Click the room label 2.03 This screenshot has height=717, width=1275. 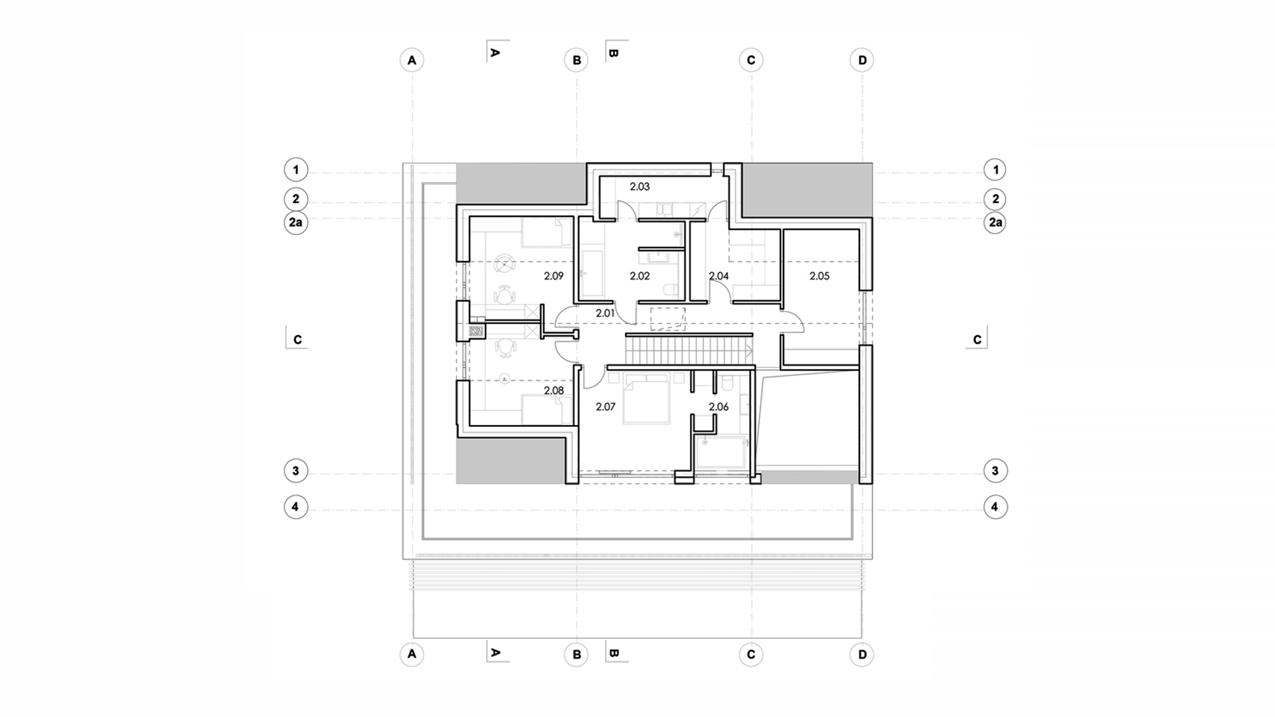(639, 187)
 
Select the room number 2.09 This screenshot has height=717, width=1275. (553, 276)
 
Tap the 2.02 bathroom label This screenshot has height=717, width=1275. (639, 276)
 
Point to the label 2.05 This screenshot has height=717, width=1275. (819, 276)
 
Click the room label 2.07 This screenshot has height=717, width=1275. (606, 407)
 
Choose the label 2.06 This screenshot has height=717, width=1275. (719, 407)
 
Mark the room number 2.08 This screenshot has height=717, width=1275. (553, 391)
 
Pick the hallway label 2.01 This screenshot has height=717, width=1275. (605, 313)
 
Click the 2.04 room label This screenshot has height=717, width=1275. (719, 276)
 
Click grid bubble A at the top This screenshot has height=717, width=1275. (412, 60)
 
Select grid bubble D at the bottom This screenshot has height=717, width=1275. (862, 655)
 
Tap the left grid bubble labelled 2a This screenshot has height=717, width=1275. (296, 222)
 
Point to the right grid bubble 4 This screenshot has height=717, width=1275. (995, 507)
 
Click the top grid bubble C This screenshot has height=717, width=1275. (751, 60)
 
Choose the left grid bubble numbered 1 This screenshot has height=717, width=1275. (296, 170)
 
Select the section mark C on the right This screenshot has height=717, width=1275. (977, 339)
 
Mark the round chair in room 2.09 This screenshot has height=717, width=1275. (505, 264)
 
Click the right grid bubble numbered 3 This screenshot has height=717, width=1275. (995, 471)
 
